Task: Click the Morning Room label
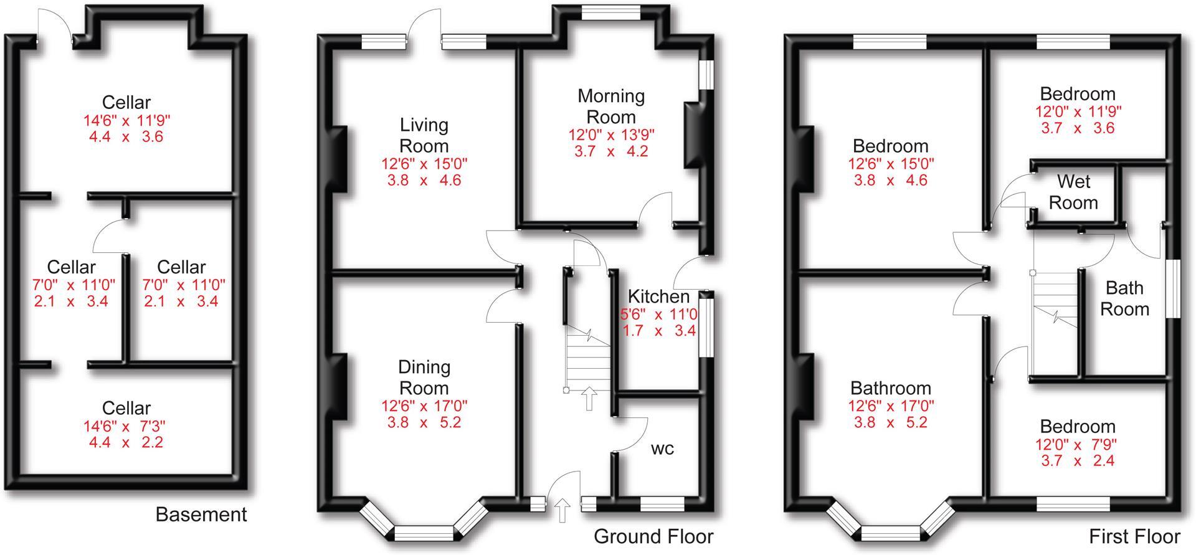pos(610,107)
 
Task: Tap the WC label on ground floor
pos(662,449)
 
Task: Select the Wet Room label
pos(1073,192)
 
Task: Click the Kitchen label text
pos(658,296)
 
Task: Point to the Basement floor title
pos(201,515)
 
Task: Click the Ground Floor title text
pos(653,536)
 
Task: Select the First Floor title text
pos(1134,536)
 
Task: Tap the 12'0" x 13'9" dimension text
pos(610,135)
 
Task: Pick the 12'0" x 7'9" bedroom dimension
pos(1077,445)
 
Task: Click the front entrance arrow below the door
pos(562,511)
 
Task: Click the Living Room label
pos(424,135)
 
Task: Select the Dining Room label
pos(424,377)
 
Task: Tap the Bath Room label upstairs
pos(1124,298)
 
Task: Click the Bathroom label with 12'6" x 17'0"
pos(890,389)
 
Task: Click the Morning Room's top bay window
pos(610,13)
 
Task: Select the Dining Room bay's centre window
pos(424,533)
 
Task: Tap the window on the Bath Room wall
pos(1172,288)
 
